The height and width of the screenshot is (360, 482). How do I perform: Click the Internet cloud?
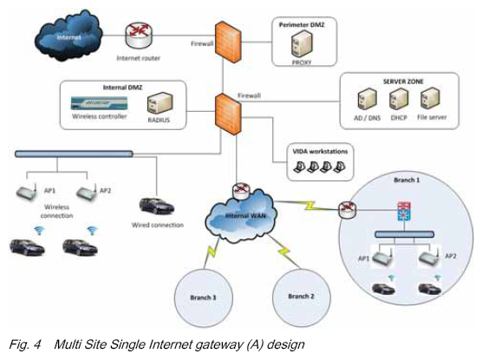(68, 36)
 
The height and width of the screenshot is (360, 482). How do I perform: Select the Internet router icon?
(139, 36)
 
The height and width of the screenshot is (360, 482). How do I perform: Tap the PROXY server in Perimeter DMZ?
(302, 44)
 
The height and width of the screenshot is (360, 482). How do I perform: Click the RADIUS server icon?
(160, 103)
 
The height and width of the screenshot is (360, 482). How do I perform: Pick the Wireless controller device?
(99, 103)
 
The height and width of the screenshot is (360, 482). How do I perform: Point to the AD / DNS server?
(367, 99)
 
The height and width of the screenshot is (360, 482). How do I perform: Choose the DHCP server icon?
(399, 99)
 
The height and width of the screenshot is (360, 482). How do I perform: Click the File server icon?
(430, 99)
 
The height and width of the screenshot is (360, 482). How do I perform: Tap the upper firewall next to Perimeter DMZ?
(228, 43)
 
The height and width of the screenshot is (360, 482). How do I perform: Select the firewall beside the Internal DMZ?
(228, 115)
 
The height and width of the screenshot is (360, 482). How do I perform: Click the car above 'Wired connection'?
(156, 206)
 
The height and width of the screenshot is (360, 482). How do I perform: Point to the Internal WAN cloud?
(242, 215)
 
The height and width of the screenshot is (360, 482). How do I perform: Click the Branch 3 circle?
(204, 298)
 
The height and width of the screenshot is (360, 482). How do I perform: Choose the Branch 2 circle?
(302, 297)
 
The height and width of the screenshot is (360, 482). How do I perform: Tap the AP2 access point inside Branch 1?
(429, 258)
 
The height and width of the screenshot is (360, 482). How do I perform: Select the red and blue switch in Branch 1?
(404, 212)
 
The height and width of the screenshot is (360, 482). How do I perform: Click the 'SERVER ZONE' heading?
(403, 82)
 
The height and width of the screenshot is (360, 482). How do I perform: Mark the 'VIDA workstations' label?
(320, 152)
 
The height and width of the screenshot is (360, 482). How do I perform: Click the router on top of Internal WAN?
(242, 191)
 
